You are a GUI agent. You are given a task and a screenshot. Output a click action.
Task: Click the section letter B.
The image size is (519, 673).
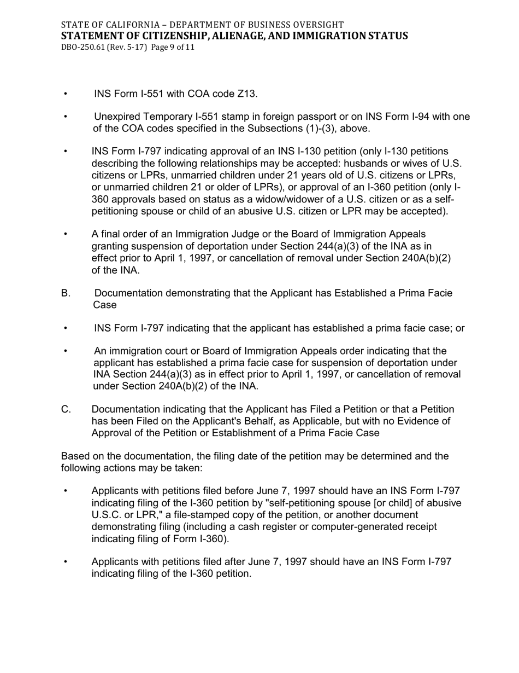pos(66,293)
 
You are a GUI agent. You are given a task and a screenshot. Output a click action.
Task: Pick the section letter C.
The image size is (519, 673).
pos(66,409)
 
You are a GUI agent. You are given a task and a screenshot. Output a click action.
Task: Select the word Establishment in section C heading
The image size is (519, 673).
pos(246,433)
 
